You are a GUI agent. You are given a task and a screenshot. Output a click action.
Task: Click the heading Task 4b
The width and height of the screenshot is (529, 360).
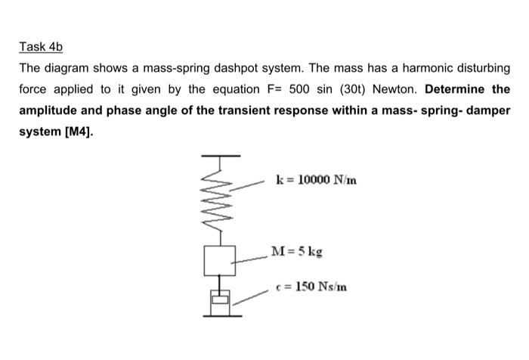(x=39, y=47)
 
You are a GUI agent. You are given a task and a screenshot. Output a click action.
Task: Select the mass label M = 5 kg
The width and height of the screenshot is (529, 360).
(x=301, y=251)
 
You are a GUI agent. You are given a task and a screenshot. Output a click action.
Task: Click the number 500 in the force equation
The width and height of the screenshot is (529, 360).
(x=300, y=89)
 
